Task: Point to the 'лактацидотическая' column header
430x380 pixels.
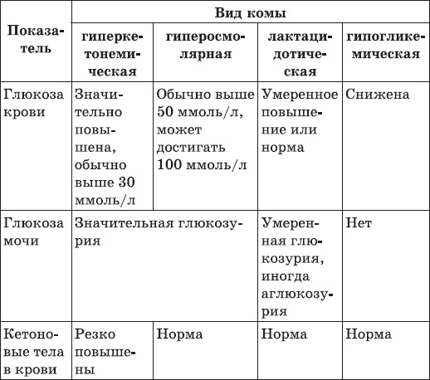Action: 299,55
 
